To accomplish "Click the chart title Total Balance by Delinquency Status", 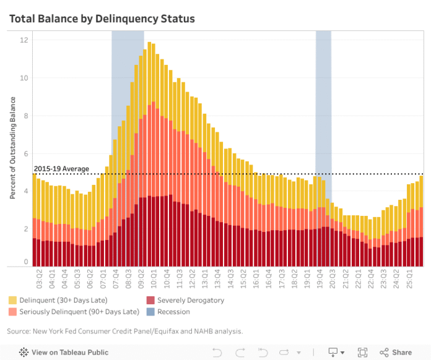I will (102, 19).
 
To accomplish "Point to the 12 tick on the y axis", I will (24, 40).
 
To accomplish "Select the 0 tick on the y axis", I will (25, 262).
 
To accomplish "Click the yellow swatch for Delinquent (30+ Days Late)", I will (13, 301).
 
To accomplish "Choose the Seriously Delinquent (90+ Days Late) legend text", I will (79, 312).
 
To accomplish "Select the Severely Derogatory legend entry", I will (190, 301).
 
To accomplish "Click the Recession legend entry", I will (173, 312).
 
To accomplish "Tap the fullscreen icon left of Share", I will (363, 352).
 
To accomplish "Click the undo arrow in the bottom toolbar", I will (217, 352).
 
